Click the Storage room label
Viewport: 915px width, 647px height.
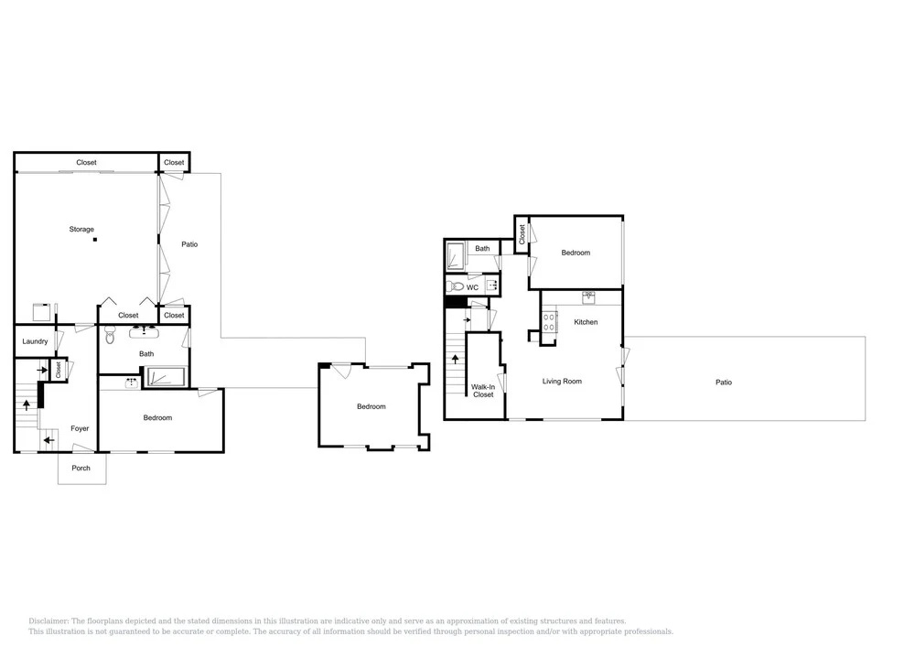81,230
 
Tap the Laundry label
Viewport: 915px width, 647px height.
35,341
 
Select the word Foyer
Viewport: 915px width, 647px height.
80,428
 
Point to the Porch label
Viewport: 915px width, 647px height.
81,468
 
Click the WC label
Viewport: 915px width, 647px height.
472,287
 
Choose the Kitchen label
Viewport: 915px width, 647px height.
586,322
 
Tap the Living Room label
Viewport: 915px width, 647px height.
562,382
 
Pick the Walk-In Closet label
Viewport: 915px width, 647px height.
483,391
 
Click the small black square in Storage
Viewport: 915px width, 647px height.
95,239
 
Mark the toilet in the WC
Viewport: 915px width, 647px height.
455,286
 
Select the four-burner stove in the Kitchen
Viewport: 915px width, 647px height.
549,322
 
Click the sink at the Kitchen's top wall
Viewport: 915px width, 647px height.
588,297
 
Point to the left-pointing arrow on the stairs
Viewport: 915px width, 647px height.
49,440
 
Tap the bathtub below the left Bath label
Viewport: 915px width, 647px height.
166,377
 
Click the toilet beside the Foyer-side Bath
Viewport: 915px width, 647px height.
110,335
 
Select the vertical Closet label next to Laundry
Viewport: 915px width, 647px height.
59,370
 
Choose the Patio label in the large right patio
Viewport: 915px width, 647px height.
724,383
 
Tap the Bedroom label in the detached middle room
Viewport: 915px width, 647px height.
371,406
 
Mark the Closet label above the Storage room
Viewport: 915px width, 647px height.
86,162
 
